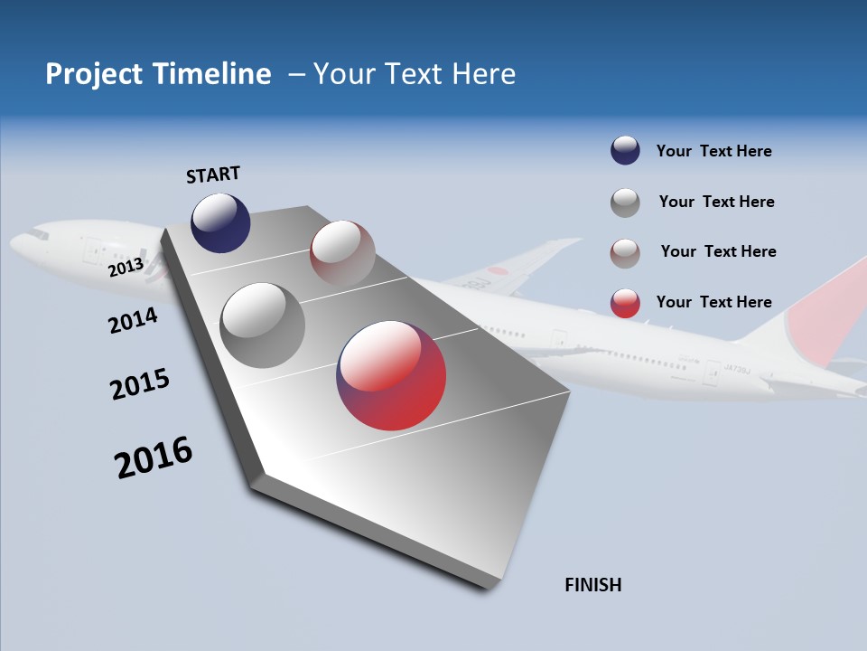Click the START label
click(213, 175)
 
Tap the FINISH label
click(592, 585)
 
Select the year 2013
click(126, 267)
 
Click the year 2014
click(133, 320)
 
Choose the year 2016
click(153, 458)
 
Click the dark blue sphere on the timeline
click(220, 222)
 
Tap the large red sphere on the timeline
click(391, 375)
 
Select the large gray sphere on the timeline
click(262, 325)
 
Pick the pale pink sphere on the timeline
click(342, 253)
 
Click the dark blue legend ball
click(625, 151)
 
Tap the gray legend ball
click(625, 203)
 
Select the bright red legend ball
click(625, 303)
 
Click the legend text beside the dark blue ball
click(713, 151)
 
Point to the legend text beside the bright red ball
click(713, 302)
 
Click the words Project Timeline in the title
click(158, 74)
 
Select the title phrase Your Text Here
click(415, 74)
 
